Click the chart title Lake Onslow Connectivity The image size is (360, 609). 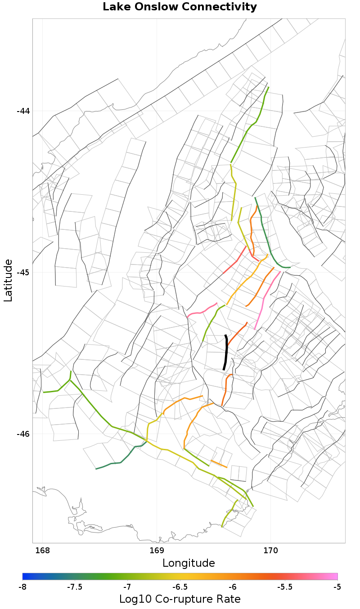pos(180,7)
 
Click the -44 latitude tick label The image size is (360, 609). pos(23,111)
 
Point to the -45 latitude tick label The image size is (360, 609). pos(23,273)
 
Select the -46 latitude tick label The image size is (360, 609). pos(23,434)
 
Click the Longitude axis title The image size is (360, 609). pos(189,563)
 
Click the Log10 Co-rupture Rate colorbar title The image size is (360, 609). pos(180,599)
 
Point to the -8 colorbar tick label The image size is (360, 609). pos(22,587)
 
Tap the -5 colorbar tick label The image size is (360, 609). pos(337,587)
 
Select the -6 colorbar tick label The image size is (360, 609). pos(232,587)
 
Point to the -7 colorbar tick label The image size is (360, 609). pos(127,587)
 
